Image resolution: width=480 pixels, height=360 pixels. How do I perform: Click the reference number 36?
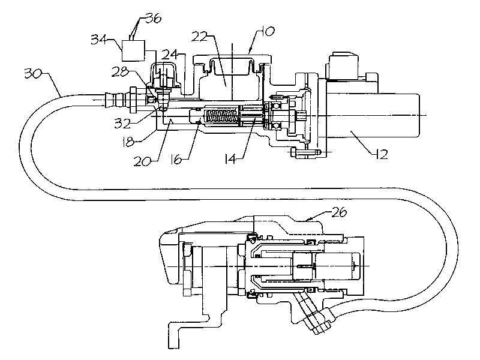[153, 19]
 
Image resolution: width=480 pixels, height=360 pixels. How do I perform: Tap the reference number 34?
[98, 40]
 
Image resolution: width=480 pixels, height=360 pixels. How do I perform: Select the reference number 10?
[268, 31]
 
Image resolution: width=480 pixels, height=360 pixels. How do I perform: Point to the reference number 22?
[200, 37]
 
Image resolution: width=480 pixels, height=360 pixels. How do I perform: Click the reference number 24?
[169, 55]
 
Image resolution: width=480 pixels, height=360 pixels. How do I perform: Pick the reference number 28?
[119, 73]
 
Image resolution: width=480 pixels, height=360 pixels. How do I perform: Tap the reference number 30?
[32, 74]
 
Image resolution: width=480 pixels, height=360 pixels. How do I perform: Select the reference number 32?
[122, 123]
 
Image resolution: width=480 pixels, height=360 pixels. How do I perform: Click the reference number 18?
[128, 142]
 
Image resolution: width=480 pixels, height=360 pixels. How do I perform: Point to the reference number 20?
[142, 161]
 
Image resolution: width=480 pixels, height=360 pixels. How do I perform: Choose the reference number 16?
[176, 160]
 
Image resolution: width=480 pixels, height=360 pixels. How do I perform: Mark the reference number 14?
[230, 159]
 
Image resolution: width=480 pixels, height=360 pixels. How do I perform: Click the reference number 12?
[380, 154]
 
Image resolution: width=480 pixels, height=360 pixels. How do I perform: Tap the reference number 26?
[338, 212]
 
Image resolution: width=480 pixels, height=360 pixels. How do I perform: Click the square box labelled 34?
[133, 50]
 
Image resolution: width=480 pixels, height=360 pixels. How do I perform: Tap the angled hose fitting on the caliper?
[312, 312]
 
